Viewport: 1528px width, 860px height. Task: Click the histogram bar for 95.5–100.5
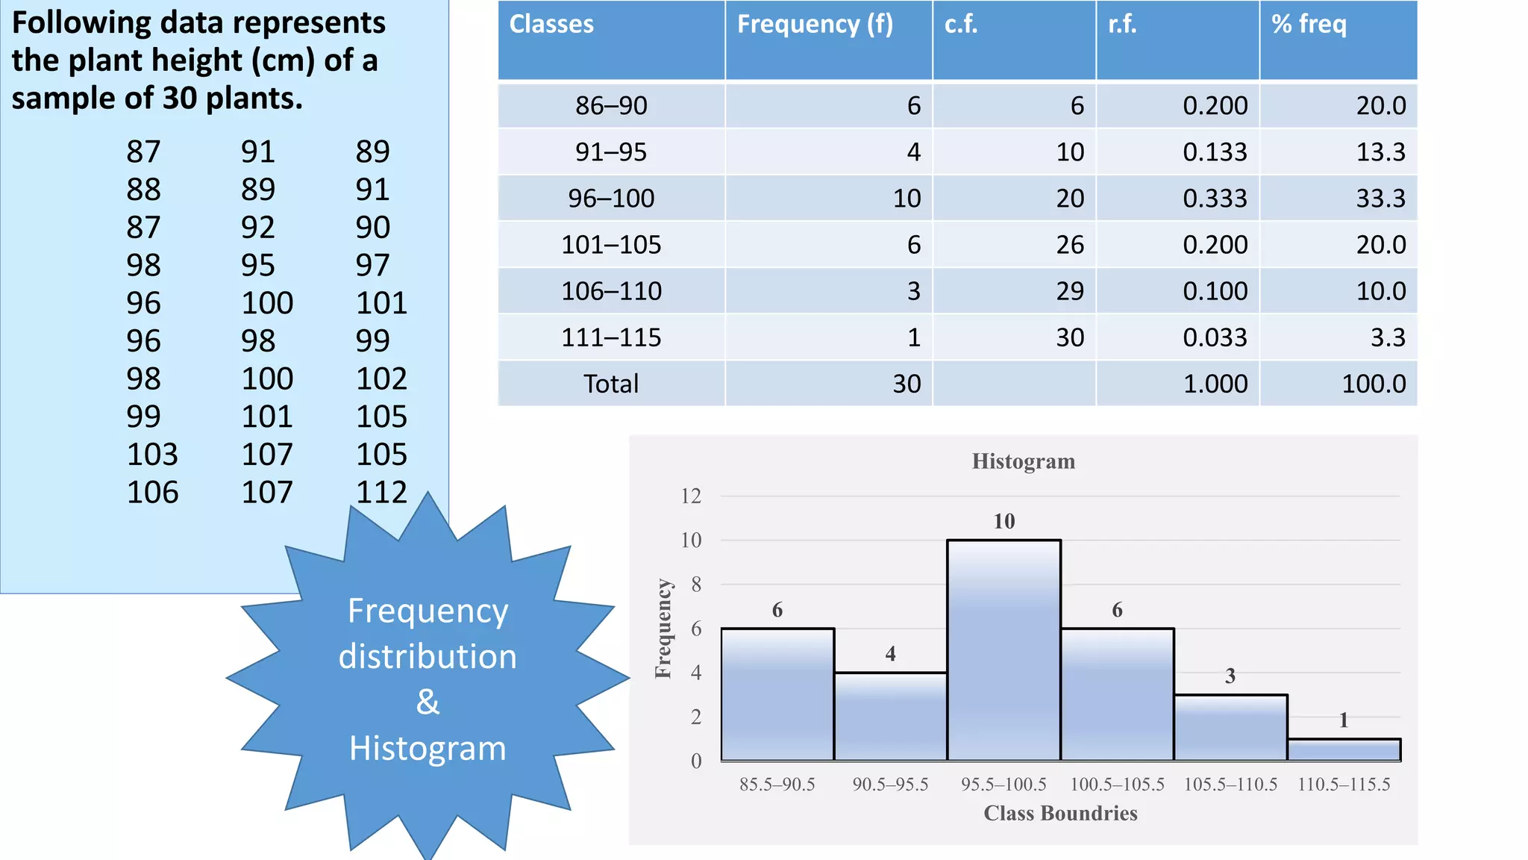pos(1003,649)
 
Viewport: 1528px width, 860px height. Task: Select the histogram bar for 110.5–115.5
pos(1344,750)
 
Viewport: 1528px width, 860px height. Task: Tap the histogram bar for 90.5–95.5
pos(890,717)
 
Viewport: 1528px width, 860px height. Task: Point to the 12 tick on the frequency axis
pos(691,496)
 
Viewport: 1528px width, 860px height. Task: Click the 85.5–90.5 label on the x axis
pos(777,785)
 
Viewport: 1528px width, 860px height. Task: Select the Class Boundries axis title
pos(1060,813)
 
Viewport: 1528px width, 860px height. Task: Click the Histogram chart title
pos(1023,461)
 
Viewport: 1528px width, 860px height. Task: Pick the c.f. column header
pos(960,25)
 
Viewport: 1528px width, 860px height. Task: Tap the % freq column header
pos(1309,25)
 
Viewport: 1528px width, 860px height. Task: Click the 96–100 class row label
pos(611,199)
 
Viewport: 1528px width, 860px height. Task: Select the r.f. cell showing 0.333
pos(1215,199)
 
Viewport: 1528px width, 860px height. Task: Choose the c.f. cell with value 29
pos(1070,291)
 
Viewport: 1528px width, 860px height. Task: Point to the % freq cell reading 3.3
pos(1388,337)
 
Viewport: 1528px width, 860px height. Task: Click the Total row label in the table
pos(611,384)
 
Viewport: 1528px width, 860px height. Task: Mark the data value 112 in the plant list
pos(381,492)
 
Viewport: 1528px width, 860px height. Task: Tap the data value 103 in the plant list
pos(152,454)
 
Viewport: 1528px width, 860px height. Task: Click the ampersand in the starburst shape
pos(428,702)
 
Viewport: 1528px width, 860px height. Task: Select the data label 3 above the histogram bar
pos(1230,676)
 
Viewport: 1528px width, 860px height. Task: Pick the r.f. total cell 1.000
pos(1215,384)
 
